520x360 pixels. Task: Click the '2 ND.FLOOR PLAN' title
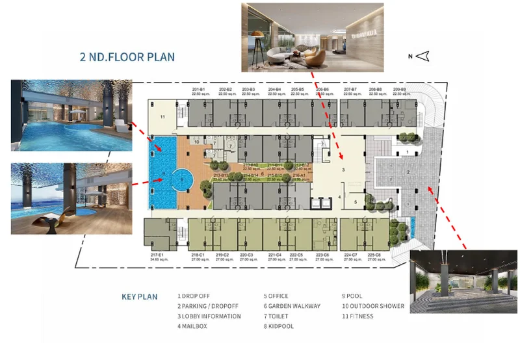pos(127,57)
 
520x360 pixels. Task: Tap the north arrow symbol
pos(423,57)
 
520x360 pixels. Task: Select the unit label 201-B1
pos(199,89)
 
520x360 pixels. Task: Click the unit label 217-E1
pos(156,255)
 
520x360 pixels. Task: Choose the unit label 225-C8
pos(374,255)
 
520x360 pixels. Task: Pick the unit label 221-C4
pos(274,255)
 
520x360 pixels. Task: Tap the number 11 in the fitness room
pos(164,116)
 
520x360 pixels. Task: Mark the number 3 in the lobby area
pos(343,169)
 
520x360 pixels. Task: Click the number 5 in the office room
pos(355,202)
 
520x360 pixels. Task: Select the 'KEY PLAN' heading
pos(140,297)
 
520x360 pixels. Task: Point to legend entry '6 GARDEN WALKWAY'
pos(292,306)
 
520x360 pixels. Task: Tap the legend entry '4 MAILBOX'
pos(192,326)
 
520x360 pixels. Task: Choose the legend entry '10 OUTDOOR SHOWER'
pos(373,306)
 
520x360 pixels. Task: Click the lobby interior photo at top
pos(312,36)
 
